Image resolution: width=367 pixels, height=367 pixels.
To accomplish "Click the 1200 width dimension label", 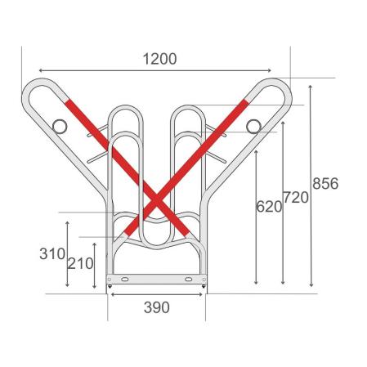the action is click(x=159, y=59).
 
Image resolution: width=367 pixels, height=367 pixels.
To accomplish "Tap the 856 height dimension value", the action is click(x=325, y=183).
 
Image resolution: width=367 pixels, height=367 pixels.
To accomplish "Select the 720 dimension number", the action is click(x=296, y=197).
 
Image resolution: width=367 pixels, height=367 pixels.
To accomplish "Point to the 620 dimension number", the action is click(x=269, y=207).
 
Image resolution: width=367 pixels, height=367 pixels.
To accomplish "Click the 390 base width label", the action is click(x=157, y=307).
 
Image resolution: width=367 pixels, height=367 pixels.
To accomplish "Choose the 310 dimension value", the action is click(x=52, y=254).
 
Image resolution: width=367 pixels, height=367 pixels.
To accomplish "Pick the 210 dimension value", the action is click(x=80, y=263).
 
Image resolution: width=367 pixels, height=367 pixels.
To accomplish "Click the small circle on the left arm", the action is click(x=60, y=127).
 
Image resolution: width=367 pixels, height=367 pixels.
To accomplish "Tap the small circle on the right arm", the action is click(x=253, y=126).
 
